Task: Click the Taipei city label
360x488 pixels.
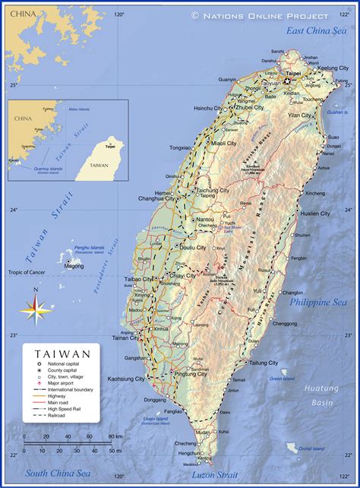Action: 293,74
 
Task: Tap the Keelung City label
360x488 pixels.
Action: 333,68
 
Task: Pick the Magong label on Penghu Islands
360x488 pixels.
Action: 74,267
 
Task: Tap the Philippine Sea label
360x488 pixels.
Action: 317,302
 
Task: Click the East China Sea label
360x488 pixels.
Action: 315,30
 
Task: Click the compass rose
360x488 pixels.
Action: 36,308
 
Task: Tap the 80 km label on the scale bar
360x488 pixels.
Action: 115,436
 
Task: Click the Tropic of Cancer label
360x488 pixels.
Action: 27,271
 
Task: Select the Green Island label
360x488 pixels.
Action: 283,379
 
